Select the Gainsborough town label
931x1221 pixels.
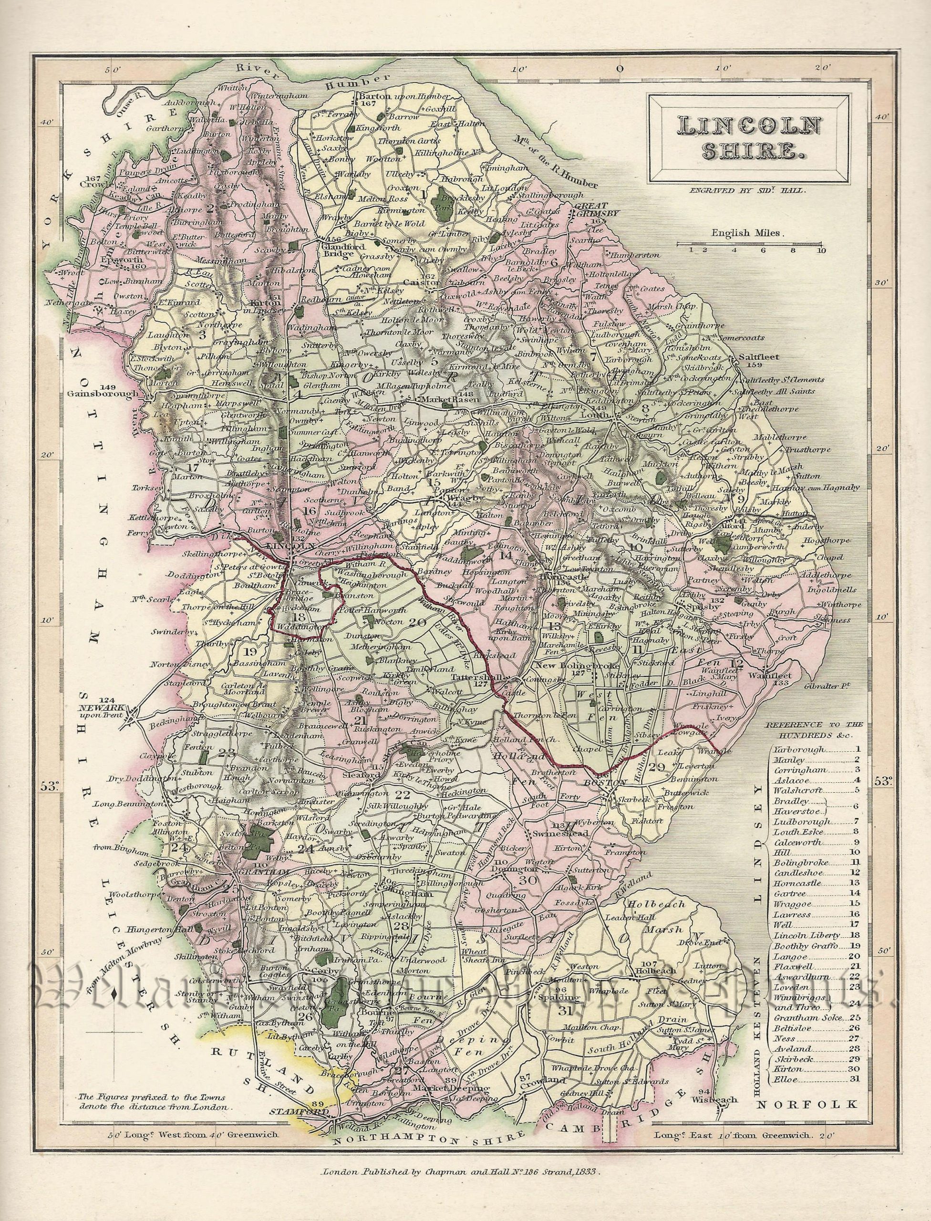click(x=103, y=394)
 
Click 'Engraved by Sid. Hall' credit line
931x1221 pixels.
click(x=744, y=191)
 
